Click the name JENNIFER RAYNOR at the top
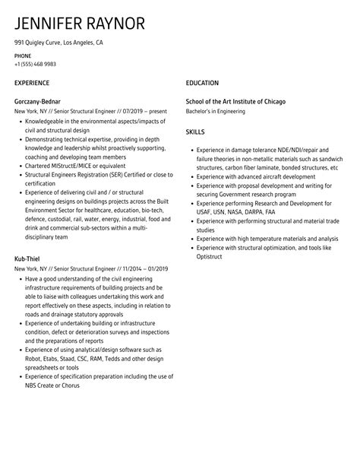coord(80,23)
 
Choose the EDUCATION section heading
coord(202,83)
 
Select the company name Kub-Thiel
coord(28,260)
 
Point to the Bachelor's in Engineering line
coord(216,111)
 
